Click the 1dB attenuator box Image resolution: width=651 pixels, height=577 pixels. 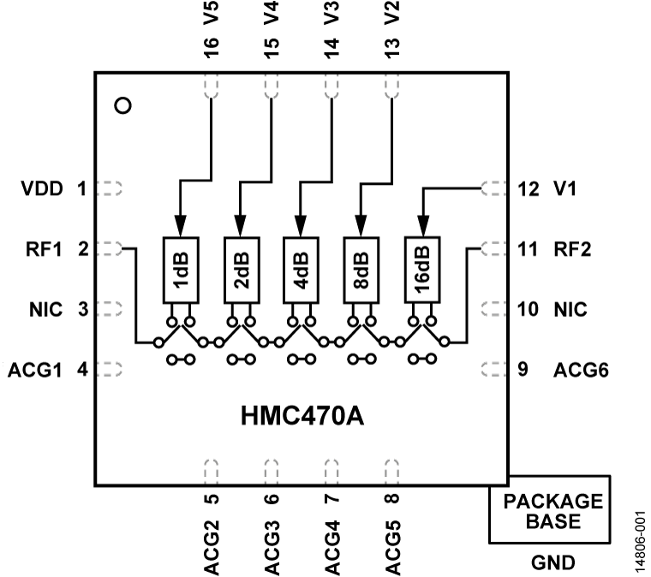click(x=180, y=269)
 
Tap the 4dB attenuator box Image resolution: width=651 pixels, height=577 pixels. click(x=301, y=269)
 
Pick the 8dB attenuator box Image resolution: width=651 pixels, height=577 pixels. click(x=361, y=269)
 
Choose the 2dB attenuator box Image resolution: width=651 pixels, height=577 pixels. click(x=241, y=269)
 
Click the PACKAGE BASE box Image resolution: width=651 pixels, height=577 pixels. click(x=549, y=509)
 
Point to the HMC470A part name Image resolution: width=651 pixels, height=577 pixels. click(x=301, y=419)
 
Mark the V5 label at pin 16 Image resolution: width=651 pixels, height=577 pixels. click(x=212, y=15)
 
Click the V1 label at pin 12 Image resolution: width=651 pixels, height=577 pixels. click(x=564, y=188)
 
